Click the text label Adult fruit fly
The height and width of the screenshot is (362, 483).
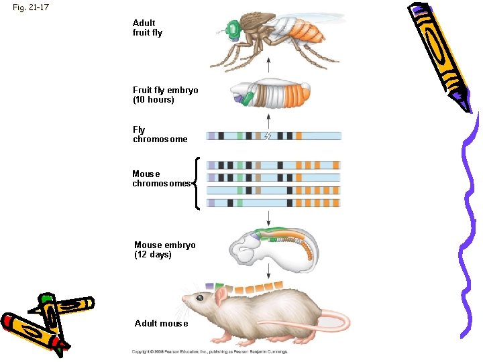(x=148, y=27)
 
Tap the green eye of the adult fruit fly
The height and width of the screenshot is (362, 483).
(x=233, y=29)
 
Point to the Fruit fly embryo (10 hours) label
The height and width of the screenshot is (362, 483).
(x=165, y=95)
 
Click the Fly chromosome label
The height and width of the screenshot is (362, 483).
(x=160, y=135)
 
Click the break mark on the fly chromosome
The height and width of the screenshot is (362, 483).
(x=268, y=136)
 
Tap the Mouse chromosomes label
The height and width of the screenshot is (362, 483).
(x=161, y=178)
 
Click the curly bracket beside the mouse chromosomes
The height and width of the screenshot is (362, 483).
(x=196, y=183)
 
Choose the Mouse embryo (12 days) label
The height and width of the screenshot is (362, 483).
(x=165, y=249)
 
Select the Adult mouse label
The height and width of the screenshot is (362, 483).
(x=161, y=323)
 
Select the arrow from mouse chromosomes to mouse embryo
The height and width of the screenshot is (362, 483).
(x=268, y=217)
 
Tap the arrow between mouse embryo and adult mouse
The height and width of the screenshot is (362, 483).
(x=268, y=271)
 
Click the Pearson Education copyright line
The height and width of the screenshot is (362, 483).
(x=209, y=351)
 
